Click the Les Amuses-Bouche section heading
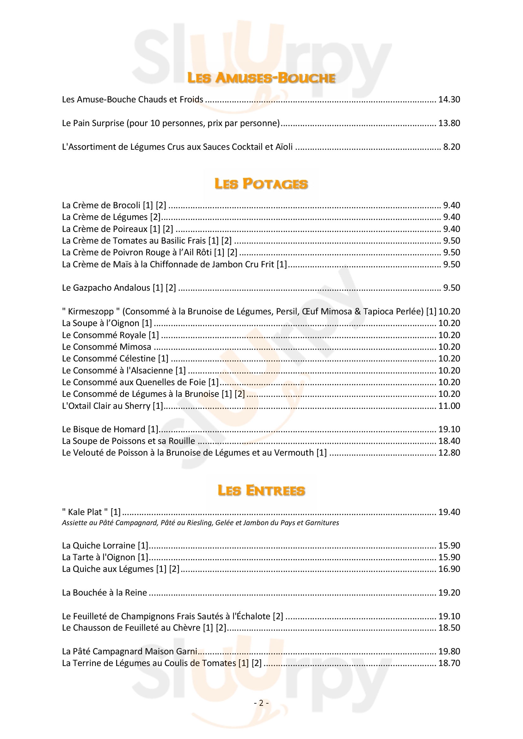[261, 78]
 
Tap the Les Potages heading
[261, 184]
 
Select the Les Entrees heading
[261, 490]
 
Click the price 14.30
[449, 100]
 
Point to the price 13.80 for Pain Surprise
[449, 123]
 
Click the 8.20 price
[452, 147]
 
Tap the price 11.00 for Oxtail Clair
[449, 406]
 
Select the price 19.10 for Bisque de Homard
[449, 429]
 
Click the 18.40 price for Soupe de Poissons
[449, 441]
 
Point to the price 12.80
[449, 453]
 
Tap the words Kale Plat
[85, 512]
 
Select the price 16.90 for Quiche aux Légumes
[449, 569]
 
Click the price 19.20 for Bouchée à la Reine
[449, 592]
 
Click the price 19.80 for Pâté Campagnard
[449, 651]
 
